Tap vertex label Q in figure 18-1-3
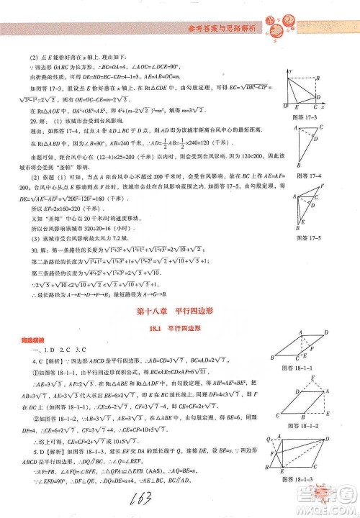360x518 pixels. point(273,439)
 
